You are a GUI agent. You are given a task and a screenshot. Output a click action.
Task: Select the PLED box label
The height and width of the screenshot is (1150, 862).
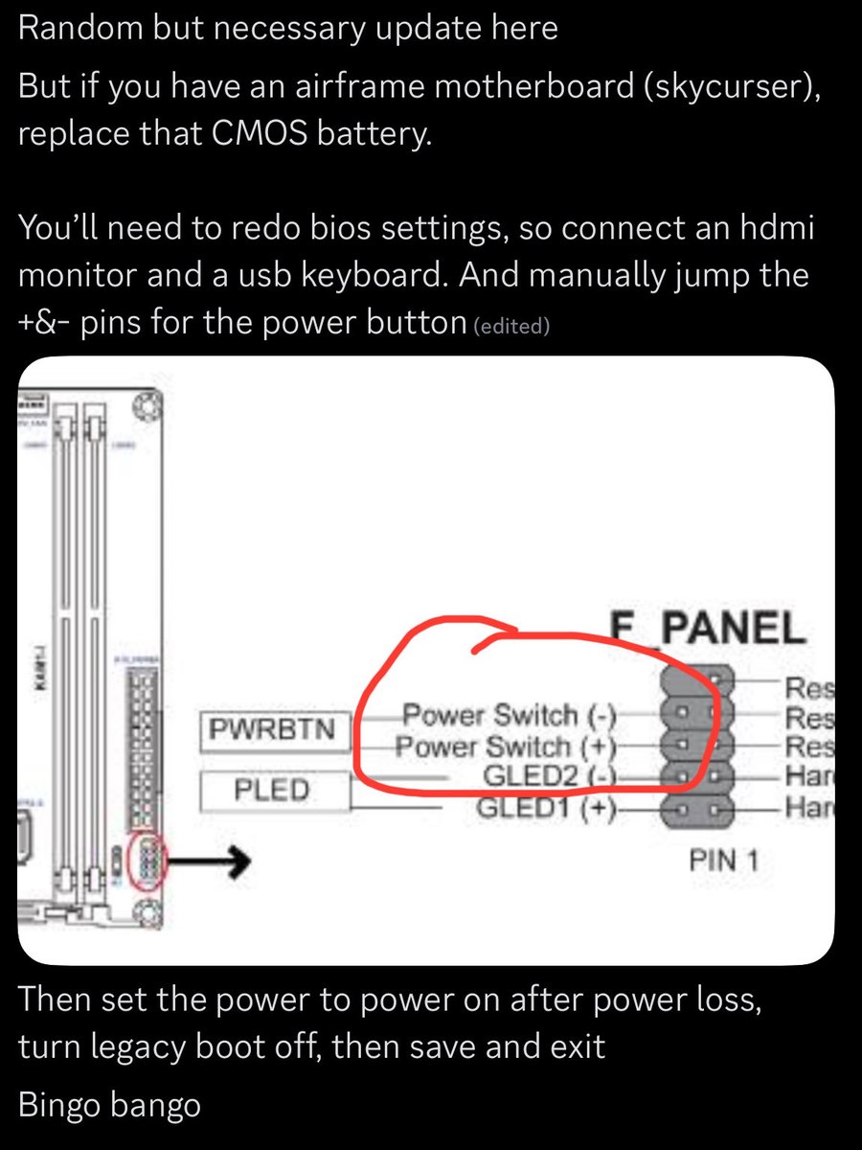pyautogui.click(x=272, y=791)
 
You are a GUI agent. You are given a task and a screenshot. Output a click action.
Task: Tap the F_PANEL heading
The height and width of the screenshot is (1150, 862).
pyautogui.click(x=709, y=628)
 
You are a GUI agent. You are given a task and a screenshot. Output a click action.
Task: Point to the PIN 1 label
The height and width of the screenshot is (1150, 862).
pyautogui.click(x=724, y=861)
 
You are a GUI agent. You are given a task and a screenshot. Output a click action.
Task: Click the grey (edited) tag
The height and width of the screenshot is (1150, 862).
pyautogui.click(x=511, y=326)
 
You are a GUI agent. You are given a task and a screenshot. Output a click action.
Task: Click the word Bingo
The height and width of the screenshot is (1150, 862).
pyautogui.click(x=61, y=1105)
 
